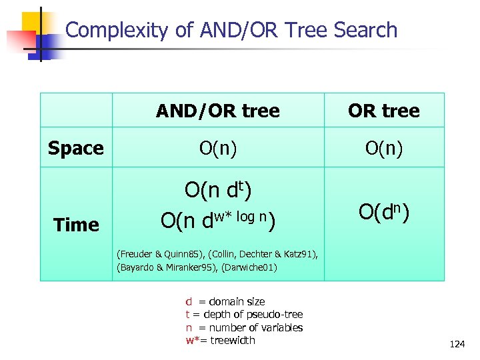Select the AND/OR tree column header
click(x=217, y=111)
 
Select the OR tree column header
click(x=383, y=111)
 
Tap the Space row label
click(x=75, y=148)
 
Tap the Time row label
click(x=76, y=225)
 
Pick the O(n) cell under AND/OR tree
click(x=217, y=148)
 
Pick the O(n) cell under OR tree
click(x=383, y=148)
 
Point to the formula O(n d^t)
click(x=217, y=191)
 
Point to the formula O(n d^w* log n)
click(x=217, y=219)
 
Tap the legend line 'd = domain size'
click(x=225, y=301)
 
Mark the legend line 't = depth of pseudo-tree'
click(x=243, y=314)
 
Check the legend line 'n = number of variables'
click(x=243, y=327)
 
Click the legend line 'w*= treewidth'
click(x=220, y=340)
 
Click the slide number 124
click(x=457, y=345)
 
